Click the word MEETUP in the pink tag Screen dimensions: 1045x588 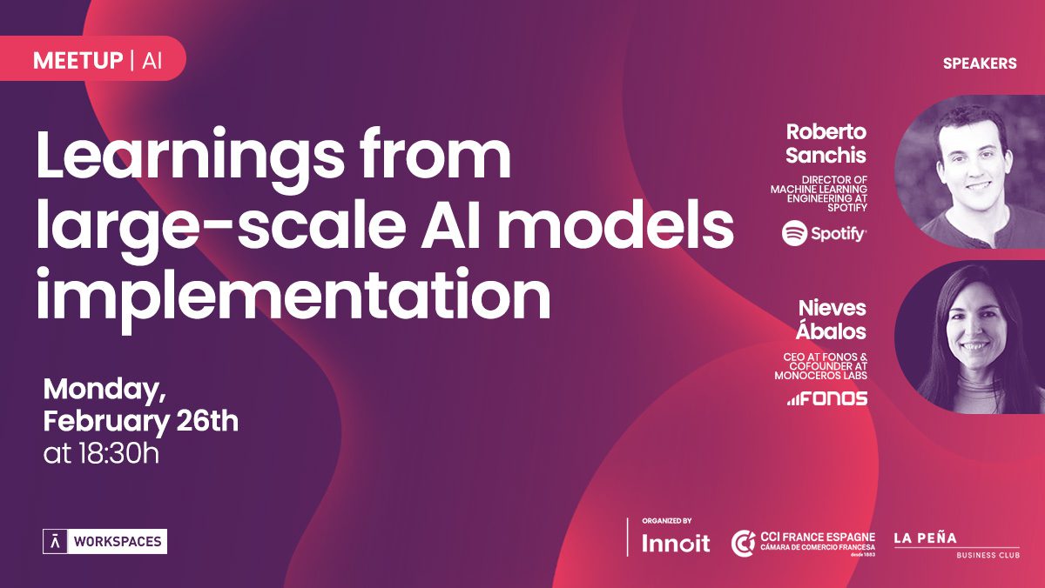tap(78, 61)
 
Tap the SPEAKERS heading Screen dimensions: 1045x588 tap(980, 63)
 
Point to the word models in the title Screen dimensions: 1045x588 tap(617, 225)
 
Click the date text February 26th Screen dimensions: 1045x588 tap(141, 422)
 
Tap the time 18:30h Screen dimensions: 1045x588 tap(119, 453)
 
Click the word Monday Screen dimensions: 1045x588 tap(104, 391)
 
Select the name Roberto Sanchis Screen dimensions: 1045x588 tap(826, 144)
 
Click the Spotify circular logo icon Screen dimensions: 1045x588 tap(794, 233)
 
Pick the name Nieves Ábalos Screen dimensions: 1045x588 tap(832, 319)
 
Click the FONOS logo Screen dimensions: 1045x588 tap(827, 398)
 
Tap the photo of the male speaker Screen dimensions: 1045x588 tap(969, 171)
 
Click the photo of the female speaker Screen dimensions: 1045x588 tap(969, 337)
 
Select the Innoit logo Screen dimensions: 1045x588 tap(676, 543)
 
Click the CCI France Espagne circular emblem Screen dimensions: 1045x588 tap(743, 544)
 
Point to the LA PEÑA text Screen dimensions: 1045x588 tap(926, 538)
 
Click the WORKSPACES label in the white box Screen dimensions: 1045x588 tap(118, 541)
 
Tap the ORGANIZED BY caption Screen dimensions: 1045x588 tap(667, 521)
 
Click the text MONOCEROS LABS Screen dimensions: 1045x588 tap(820, 376)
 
